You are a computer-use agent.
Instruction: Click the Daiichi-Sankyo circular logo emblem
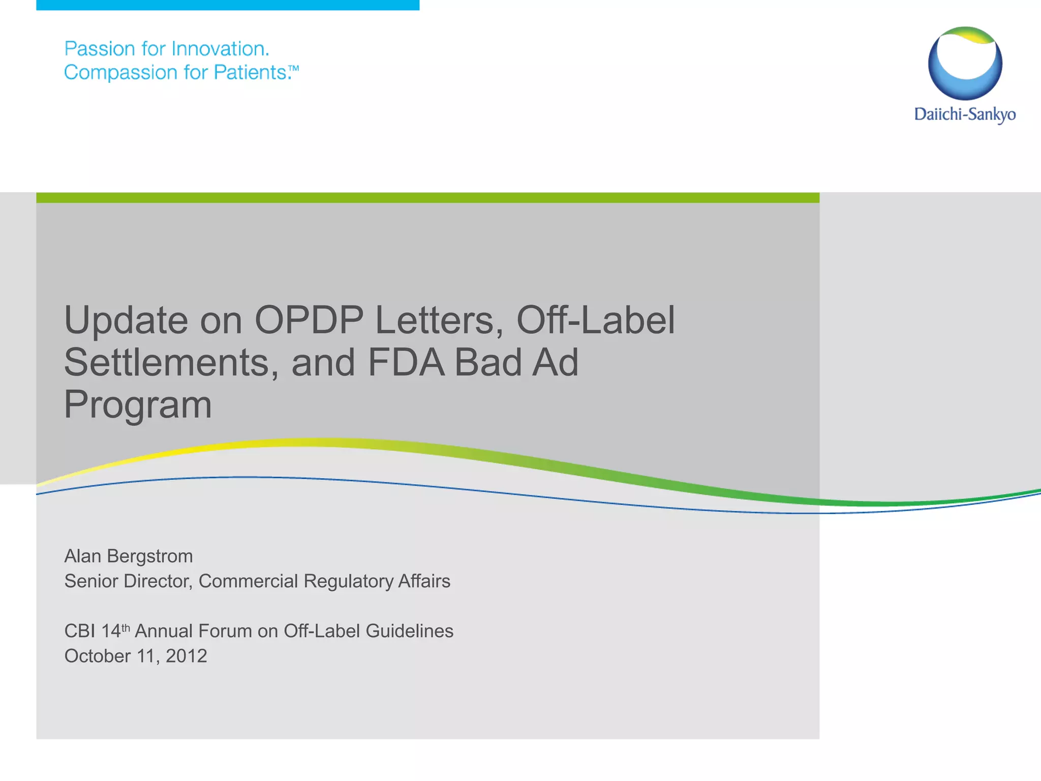pos(965,63)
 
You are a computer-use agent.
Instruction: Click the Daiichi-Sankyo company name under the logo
pos(965,114)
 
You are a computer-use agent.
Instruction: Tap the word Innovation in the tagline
pos(220,49)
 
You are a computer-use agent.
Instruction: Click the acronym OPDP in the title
pos(309,320)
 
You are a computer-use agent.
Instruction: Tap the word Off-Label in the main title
pos(595,320)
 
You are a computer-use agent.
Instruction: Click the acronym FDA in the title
pos(406,363)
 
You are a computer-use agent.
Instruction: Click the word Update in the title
pos(126,320)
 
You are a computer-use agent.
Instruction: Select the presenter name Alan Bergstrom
pos(128,556)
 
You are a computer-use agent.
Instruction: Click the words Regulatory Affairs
pos(377,581)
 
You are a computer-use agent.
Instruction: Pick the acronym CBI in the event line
pos(79,631)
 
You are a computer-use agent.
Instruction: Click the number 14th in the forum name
pos(115,630)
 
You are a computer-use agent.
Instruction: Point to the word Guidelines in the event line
pos(409,631)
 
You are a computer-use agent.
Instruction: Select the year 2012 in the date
pos(186,656)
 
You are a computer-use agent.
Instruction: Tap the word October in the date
pos(98,656)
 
